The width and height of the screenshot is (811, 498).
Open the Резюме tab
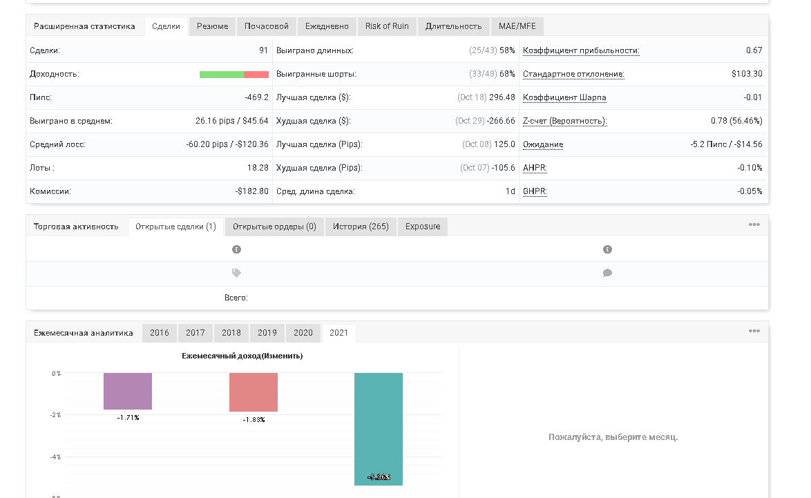point(213,26)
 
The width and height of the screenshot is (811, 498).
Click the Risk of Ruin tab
point(387,26)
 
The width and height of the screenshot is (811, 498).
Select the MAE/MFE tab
point(517,26)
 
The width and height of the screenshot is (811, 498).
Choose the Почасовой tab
point(267,26)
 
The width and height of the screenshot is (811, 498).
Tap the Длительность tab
point(454,26)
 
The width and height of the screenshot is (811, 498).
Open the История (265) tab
point(361,227)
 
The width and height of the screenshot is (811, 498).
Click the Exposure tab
point(423,227)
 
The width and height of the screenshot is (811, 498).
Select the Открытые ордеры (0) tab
point(274,227)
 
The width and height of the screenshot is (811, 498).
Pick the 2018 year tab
point(231,333)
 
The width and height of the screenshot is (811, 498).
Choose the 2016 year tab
point(160,333)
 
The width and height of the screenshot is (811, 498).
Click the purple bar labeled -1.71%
point(128,391)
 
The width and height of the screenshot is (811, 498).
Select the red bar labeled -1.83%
point(254,392)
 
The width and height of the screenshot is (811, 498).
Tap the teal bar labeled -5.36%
point(379,429)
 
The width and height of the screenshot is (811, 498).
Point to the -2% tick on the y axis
point(55,415)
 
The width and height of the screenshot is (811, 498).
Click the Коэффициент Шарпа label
point(564,98)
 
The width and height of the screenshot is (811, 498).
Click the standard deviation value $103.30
point(747,74)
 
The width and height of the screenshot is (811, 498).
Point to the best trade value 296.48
point(502,98)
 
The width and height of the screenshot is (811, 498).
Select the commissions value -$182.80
point(252,191)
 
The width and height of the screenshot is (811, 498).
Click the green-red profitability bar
point(234,75)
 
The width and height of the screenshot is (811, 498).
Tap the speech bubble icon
point(607,273)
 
